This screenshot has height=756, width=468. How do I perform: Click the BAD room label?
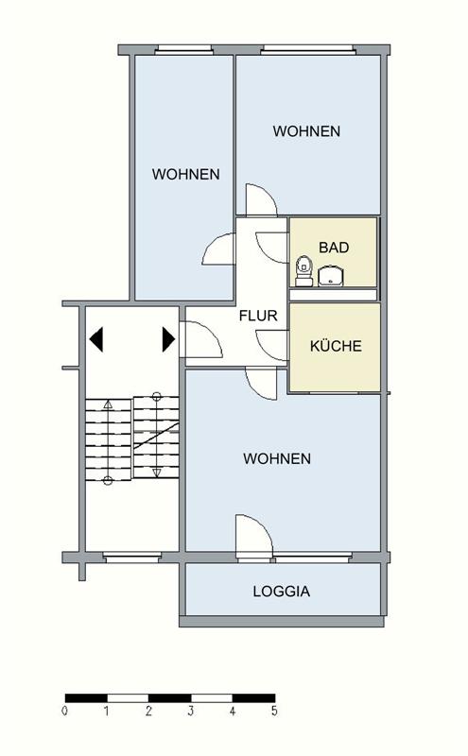(x=334, y=248)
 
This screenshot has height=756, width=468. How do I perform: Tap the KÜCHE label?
(x=336, y=346)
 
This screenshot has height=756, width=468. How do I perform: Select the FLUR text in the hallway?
(x=258, y=316)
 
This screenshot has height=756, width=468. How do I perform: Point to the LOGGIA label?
(x=281, y=593)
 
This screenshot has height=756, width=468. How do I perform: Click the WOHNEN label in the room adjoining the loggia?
(x=277, y=458)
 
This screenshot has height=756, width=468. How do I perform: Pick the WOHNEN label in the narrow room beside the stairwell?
(x=186, y=174)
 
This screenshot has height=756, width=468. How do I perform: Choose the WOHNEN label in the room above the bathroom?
(x=306, y=131)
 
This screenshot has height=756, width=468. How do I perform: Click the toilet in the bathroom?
(x=303, y=269)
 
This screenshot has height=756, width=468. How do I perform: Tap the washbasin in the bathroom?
(x=331, y=275)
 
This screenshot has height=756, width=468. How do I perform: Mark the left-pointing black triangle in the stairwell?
(x=96, y=337)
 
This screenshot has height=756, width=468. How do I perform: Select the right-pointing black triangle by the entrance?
(x=168, y=337)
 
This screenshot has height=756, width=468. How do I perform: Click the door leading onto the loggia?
(x=253, y=535)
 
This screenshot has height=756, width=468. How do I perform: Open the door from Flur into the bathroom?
(x=271, y=246)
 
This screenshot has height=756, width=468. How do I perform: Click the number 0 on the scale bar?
(x=65, y=710)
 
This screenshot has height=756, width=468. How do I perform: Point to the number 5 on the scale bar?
(x=274, y=710)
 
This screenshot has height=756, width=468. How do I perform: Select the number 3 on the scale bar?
(x=191, y=710)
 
